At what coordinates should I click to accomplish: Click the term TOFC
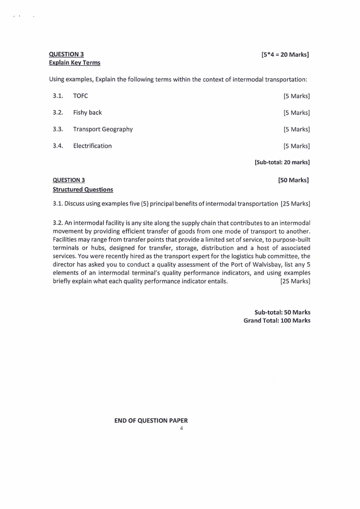click(x=80, y=96)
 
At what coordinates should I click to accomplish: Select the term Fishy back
click(x=87, y=113)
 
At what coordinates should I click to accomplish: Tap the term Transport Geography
click(x=103, y=129)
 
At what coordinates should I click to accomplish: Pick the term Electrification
click(x=92, y=146)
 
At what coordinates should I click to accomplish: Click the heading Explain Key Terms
click(x=74, y=63)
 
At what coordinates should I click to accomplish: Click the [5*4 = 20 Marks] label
click(x=285, y=55)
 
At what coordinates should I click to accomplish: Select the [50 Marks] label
click(x=293, y=181)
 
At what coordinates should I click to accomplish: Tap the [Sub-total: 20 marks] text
click(x=282, y=162)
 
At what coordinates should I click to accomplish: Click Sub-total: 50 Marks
click(x=282, y=313)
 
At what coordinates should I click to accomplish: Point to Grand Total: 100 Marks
click(x=277, y=321)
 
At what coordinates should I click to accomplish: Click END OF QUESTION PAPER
click(x=151, y=421)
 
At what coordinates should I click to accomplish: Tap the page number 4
click(x=181, y=428)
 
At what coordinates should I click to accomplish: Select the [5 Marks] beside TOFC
click(x=297, y=96)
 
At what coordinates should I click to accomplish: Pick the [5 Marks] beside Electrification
click(x=297, y=146)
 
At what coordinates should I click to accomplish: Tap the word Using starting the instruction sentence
click(x=57, y=79)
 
